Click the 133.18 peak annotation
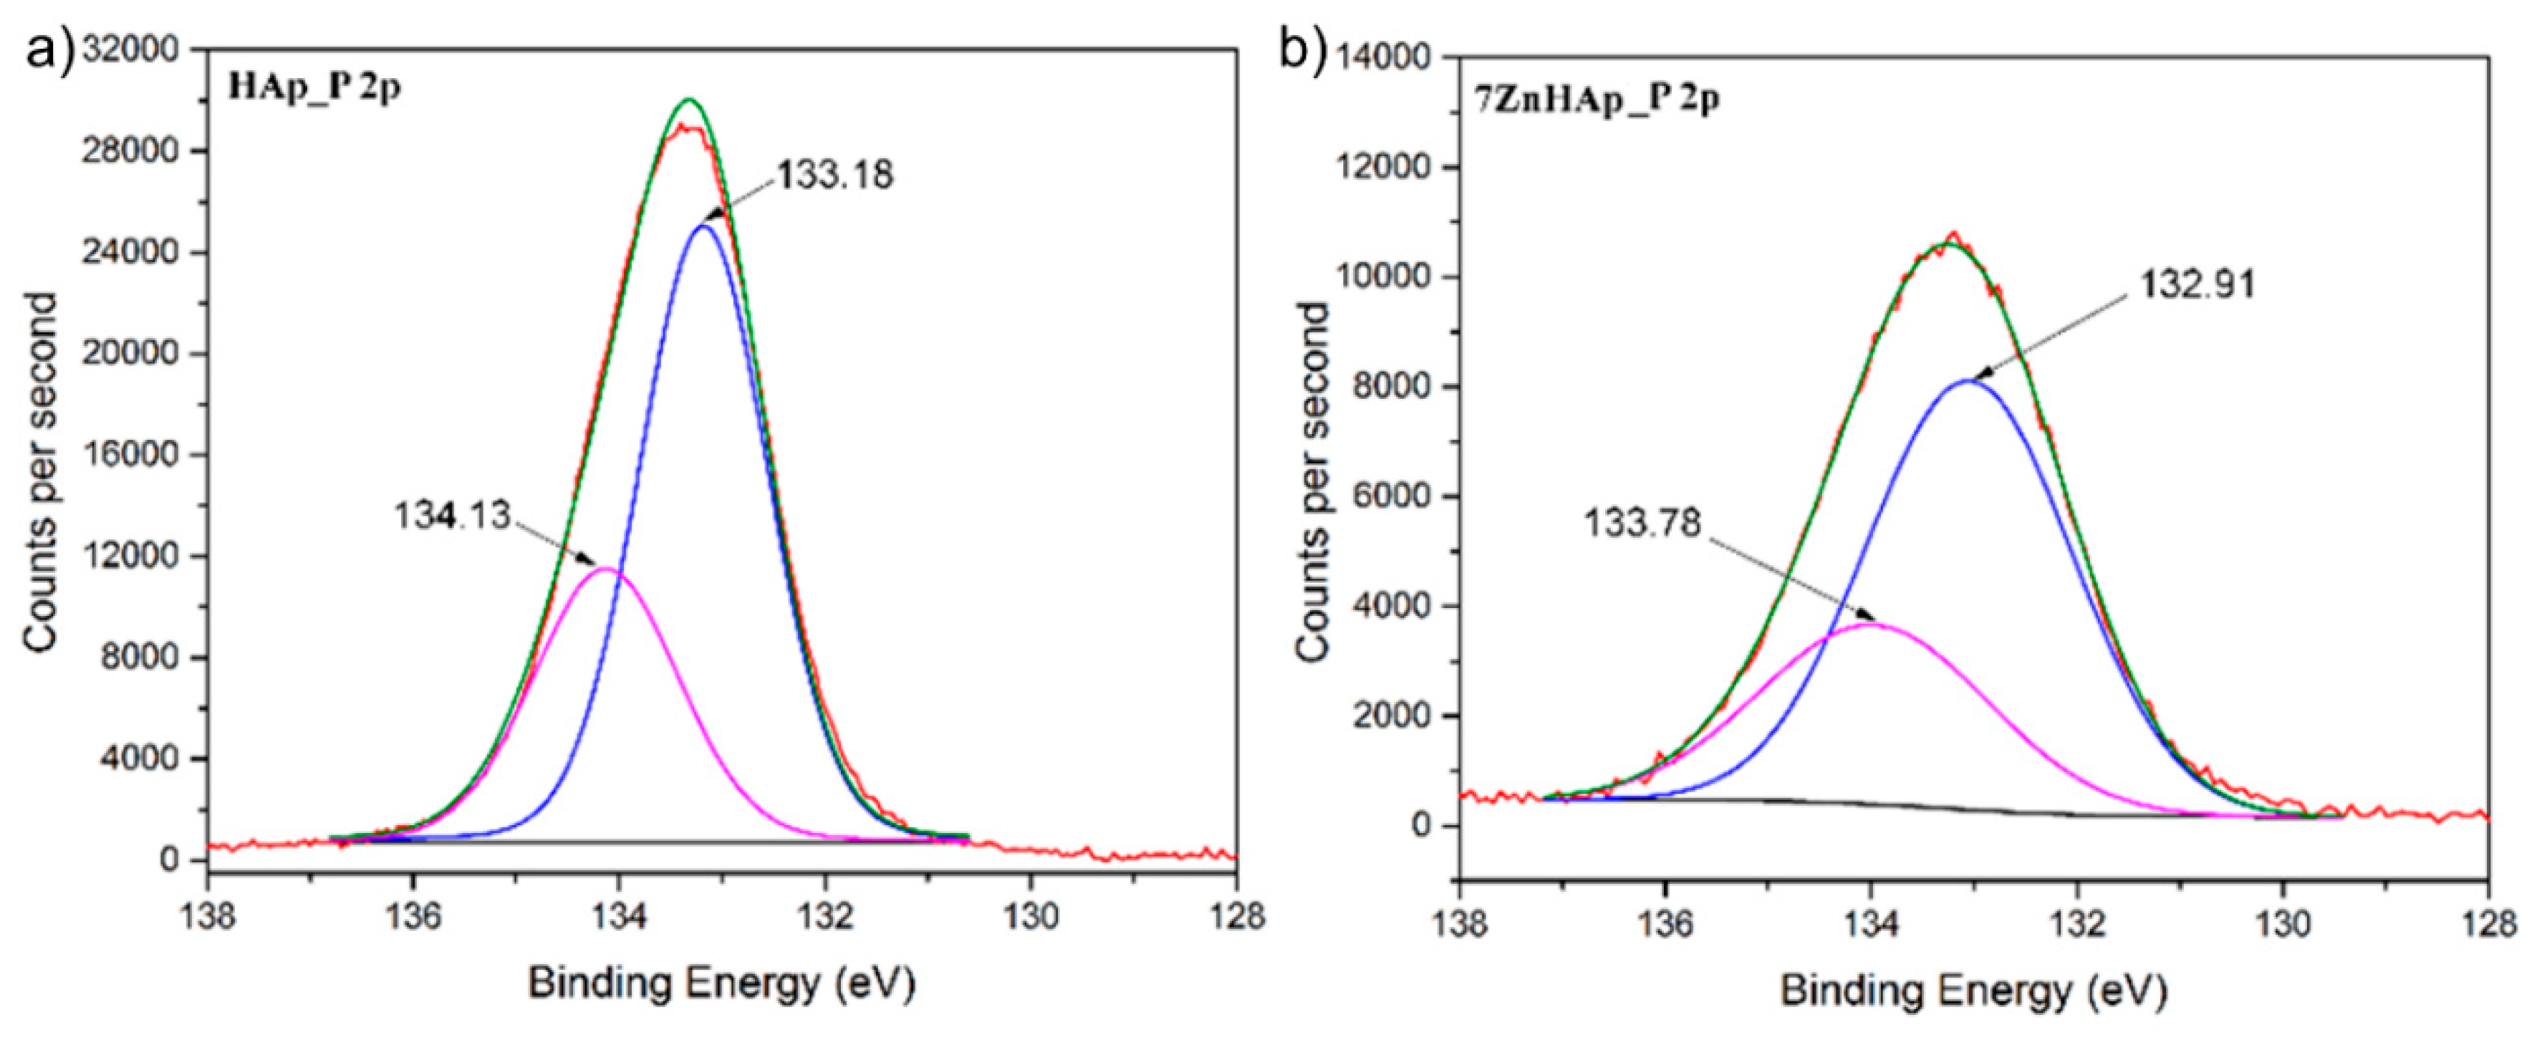835,175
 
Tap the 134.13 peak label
453,515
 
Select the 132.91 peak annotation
2196,284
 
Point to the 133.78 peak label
1642,523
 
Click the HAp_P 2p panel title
314,87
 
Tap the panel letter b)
1302,49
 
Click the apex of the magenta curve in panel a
607,569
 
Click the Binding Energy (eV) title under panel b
1974,990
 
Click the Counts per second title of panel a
42,473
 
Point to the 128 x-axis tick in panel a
1237,916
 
